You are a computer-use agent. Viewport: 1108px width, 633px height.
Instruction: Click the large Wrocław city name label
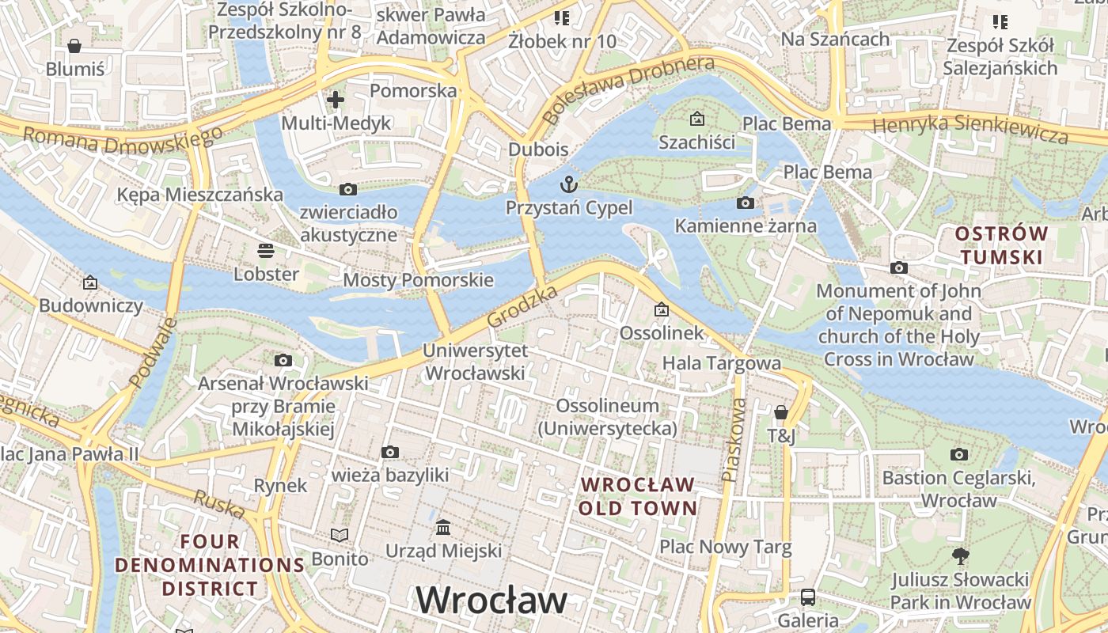point(491,601)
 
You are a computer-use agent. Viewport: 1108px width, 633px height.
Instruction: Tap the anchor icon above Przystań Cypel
point(569,185)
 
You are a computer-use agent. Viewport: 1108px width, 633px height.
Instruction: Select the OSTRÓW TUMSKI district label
point(1001,245)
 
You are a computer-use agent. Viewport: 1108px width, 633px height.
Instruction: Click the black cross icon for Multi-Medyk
point(336,100)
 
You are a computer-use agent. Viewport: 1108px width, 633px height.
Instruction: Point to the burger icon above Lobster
point(266,251)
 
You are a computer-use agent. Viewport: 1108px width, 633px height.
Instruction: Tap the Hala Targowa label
point(721,363)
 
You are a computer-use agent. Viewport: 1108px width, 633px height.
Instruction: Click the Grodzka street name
point(522,308)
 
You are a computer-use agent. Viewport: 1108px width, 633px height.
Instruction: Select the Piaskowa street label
point(734,440)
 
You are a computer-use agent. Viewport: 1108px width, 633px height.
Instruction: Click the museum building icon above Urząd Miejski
point(443,527)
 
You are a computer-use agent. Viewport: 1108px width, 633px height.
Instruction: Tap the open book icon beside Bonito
point(340,536)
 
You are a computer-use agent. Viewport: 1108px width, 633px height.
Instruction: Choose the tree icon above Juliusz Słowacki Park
point(960,555)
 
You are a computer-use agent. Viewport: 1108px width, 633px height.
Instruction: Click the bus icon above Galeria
point(808,597)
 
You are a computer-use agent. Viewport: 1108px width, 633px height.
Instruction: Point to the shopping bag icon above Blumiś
point(74,46)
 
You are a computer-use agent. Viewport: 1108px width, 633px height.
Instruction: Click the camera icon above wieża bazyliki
point(389,452)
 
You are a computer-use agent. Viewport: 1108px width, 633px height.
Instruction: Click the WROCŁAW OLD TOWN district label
point(638,496)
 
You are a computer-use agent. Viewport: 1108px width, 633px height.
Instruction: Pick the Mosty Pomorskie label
point(418,280)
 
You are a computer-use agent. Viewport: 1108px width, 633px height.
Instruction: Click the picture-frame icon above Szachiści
point(697,119)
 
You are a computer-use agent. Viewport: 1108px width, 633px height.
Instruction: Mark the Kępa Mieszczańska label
point(199,195)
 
